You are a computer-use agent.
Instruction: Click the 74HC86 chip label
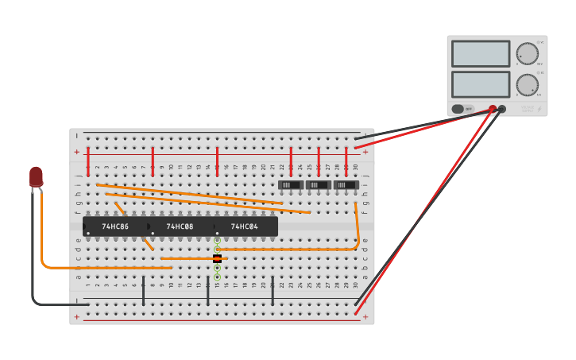[x=115, y=226]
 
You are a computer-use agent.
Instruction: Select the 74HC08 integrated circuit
[x=180, y=226]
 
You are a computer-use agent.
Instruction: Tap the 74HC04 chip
[x=245, y=226]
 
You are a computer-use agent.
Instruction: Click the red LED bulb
[x=36, y=176]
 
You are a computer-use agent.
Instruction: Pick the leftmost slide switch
[x=291, y=185]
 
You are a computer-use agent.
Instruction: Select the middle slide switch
[x=319, y=185]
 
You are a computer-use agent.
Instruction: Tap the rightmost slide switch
[x=346, y=185]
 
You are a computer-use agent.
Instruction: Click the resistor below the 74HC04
[x=217, y=258]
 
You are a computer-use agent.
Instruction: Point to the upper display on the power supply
[x=481, y=54]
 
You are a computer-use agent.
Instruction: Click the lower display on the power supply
[x=481, y=84]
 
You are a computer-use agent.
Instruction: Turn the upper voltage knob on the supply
[x=527, y=54]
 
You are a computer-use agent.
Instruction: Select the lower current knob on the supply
[x=527, y=84]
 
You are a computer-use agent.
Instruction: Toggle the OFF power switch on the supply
[x=458, y=109]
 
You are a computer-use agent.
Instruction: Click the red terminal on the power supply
[x=493, y=109]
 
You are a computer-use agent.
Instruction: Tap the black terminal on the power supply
[x=502, y=109]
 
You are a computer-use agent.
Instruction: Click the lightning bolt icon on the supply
[x=539, y=109]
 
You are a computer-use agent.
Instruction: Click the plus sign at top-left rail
[x=77, y=152]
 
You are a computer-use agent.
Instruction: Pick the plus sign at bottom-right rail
[x=365, y=316]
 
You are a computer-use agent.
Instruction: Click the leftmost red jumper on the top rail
[x=87, y=161]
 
